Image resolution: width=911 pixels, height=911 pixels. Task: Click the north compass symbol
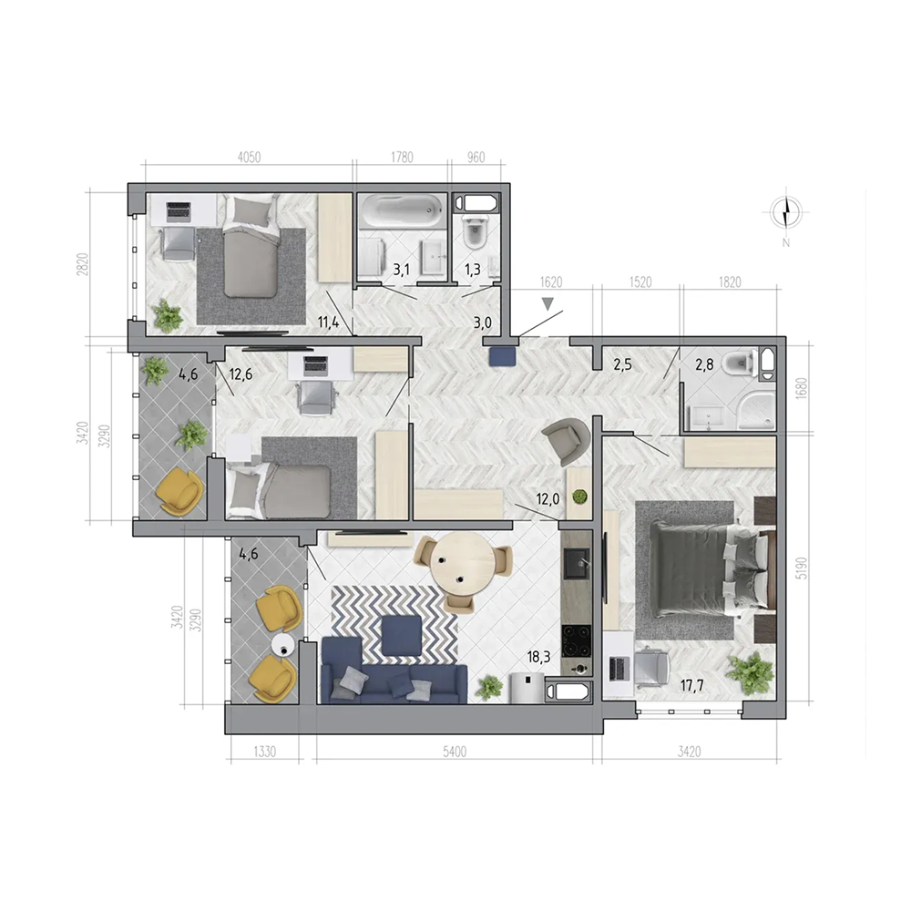(785, 212)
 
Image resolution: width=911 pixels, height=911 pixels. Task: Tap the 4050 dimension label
(250, 157)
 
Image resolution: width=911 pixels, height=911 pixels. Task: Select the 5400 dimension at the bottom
(455, 752)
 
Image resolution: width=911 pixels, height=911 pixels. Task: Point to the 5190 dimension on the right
(802, 568)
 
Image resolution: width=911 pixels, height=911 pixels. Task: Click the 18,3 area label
(538, 657)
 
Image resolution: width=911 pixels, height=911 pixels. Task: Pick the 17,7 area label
(692, 686)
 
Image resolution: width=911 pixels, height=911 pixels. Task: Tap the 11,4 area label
(328, 322)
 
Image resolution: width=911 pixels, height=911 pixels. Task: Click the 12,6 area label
(241, 374)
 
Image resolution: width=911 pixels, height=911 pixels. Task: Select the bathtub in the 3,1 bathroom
(402, 211)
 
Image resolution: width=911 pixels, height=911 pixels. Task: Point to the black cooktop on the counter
(577, 640)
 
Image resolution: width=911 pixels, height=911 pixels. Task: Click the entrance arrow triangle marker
(548, 304)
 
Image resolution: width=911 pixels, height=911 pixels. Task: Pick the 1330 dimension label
(264, 752)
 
